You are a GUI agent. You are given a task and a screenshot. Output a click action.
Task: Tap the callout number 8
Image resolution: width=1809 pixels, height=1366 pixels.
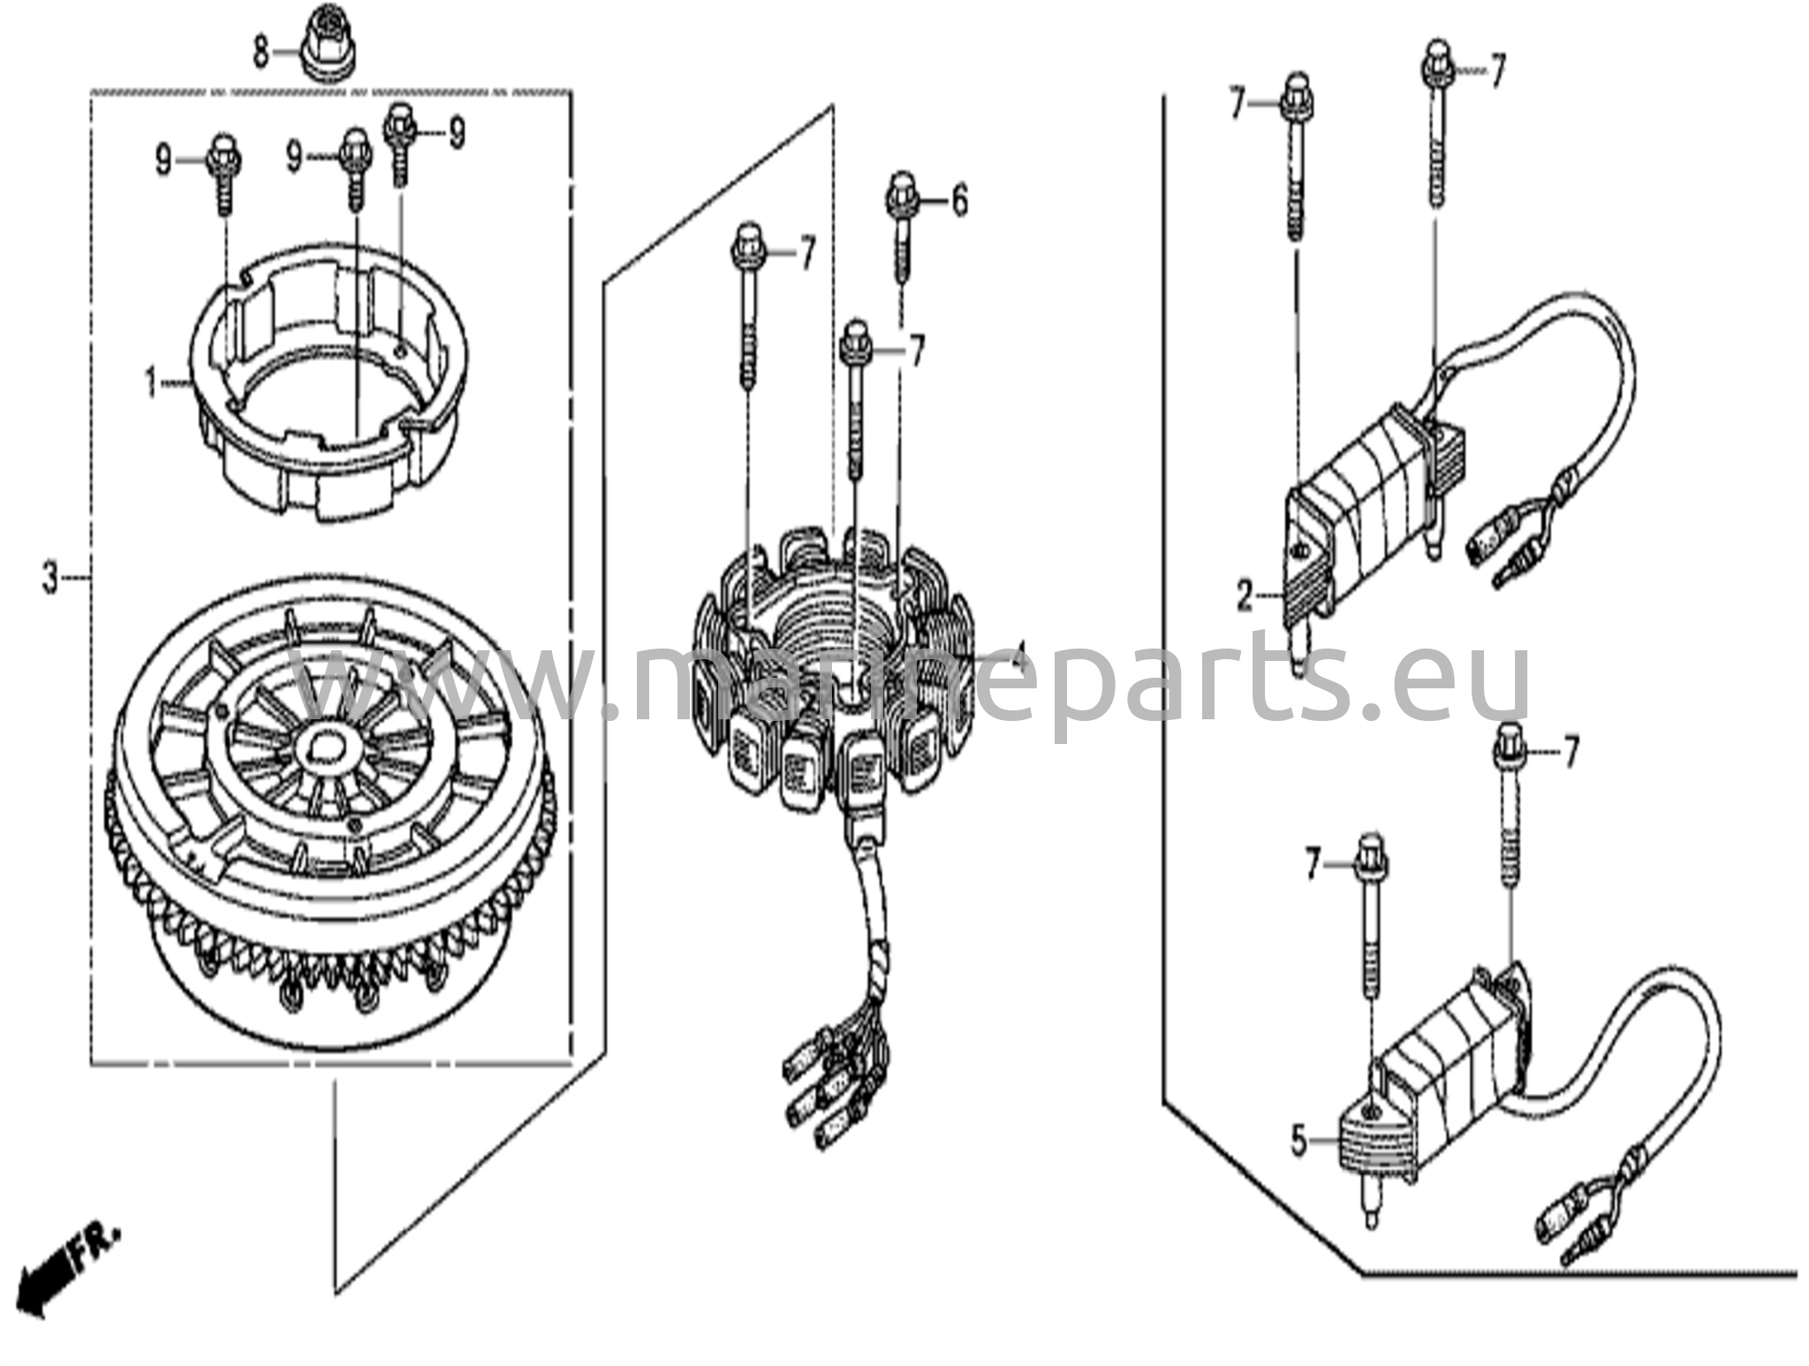pyautogui.click(x=261, y=52)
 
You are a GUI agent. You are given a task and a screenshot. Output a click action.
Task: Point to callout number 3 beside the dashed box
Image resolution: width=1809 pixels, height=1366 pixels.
pyautogui.click(x=50, y=580)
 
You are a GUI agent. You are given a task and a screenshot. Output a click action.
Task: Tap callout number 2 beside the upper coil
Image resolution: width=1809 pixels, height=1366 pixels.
pyautogui.click(x=1245, y=598)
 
